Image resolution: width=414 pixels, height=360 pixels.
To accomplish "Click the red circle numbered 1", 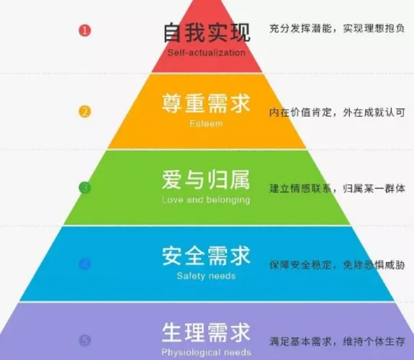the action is [85, 30].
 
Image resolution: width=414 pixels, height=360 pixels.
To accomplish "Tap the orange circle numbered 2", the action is [85, 112].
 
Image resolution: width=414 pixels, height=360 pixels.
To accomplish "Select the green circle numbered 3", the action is [85, 188].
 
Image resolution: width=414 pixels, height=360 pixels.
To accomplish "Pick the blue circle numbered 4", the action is [85, 264].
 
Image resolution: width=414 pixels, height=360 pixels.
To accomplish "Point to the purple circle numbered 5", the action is [85, 340].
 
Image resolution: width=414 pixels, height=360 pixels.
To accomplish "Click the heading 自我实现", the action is [207, 32].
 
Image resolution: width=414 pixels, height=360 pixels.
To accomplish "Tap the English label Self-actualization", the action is [206, 53].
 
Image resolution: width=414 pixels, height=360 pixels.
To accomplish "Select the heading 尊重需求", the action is [206, 103].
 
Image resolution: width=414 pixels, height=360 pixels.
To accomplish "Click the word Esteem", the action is [206, 124].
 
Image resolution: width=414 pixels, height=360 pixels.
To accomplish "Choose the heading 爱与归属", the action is [206, 179].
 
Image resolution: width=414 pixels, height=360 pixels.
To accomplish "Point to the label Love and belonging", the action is [206, 200].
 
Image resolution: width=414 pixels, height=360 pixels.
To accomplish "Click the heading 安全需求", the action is [206, 256].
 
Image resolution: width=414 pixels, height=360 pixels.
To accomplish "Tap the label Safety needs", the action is [206, 276].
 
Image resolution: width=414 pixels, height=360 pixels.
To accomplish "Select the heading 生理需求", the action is [206, 332].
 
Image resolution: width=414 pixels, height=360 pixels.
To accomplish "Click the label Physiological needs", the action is [206, 352].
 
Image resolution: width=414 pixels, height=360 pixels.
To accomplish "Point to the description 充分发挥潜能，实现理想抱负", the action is [337, 28].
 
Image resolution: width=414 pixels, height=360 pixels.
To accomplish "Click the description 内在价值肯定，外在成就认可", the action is [337, 112].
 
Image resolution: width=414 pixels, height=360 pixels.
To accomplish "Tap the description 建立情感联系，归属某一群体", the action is [337, 189].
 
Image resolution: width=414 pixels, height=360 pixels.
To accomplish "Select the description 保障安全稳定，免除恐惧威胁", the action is [337, 265].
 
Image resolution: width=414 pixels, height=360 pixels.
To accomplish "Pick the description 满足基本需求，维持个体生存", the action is [337, 341].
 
